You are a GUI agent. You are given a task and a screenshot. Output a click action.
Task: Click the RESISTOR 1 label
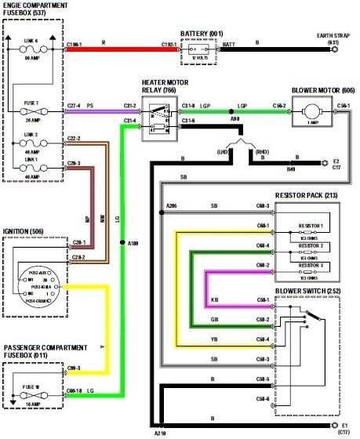(x=310, y=226)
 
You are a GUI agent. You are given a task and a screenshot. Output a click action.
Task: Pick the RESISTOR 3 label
(x=310, y=266)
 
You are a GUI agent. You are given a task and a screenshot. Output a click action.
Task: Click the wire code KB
(x=215, y=299)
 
